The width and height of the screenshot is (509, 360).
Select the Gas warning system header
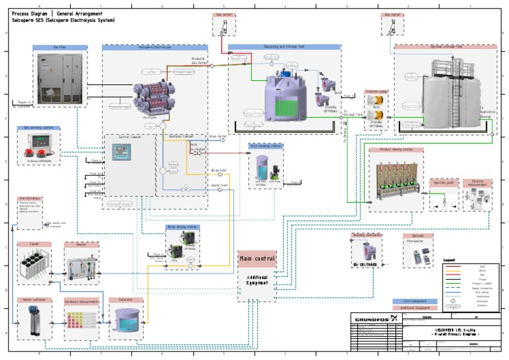point(38,128)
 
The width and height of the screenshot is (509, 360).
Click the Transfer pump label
point(376,91)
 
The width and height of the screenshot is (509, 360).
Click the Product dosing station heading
point(396,150)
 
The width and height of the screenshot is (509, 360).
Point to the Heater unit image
point(80,268)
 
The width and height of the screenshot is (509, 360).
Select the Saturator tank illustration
point(125,322)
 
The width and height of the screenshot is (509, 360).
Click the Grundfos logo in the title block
point(375,316)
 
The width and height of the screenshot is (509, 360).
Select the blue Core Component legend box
point(415,301)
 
